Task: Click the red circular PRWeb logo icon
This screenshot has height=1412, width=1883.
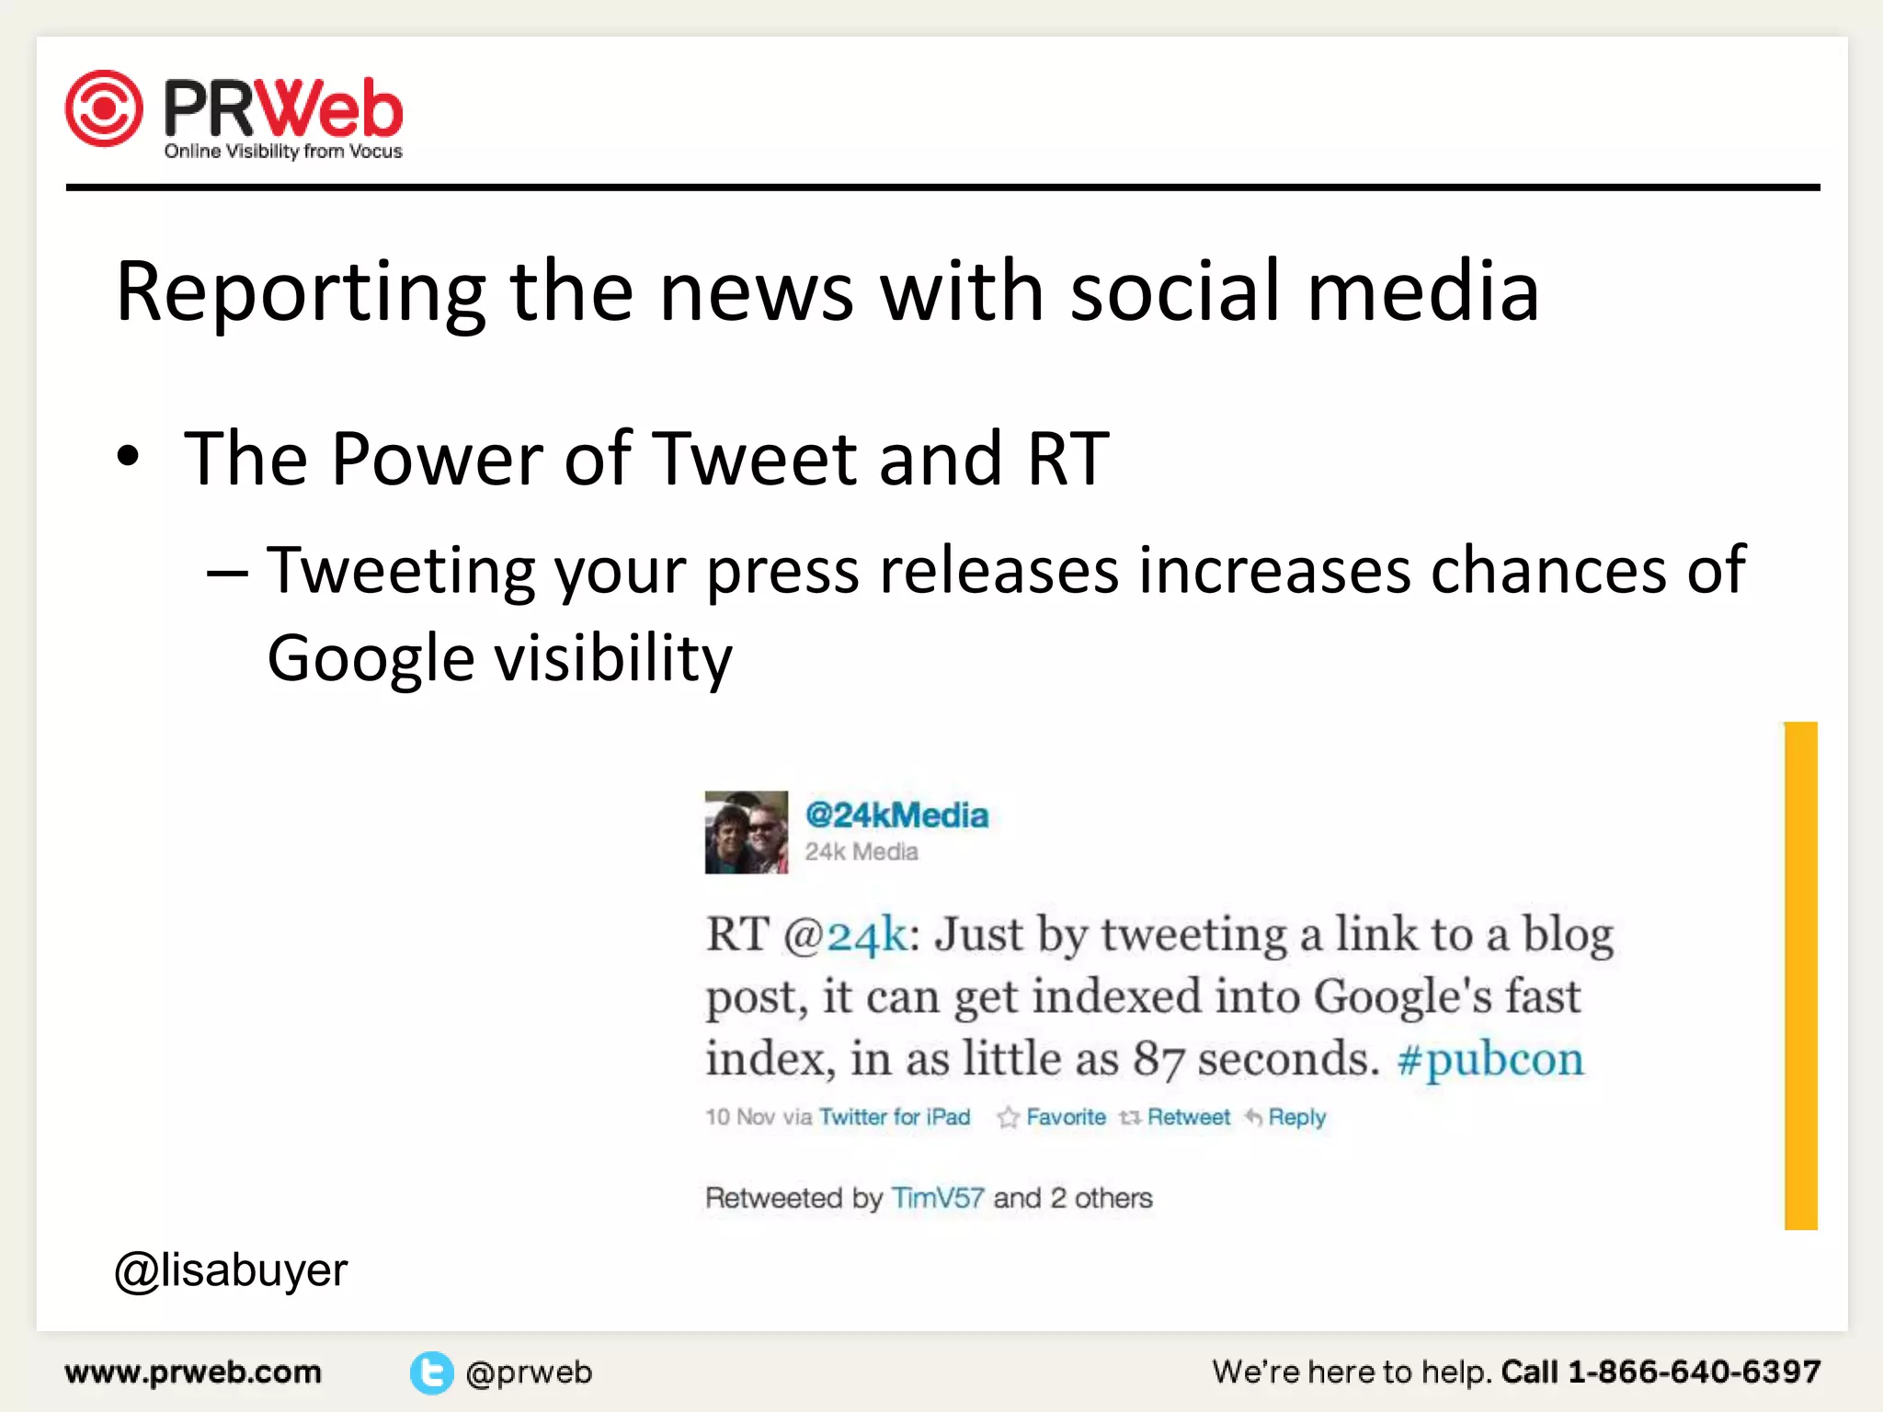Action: tap(104, 108)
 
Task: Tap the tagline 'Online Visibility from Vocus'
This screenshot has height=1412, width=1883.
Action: tap(283, 152)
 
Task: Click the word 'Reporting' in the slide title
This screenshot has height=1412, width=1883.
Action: tap(300, 291)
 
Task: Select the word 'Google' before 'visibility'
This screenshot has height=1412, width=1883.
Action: tap(371, 658)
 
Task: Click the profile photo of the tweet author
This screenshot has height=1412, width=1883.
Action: tap(746, 832)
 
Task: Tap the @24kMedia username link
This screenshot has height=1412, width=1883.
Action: tap(896, 815)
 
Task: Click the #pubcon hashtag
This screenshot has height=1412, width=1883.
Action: tap(1490, 1059)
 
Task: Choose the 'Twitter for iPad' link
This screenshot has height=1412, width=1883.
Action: tap(895, 1117)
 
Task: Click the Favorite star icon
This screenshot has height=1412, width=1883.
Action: tap(1009, 1117)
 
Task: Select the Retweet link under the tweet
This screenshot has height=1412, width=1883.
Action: tap(1188, 1117)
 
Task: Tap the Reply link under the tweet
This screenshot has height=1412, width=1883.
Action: tap(1296, 1117)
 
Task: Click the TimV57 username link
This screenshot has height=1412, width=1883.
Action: tap(938, 1198)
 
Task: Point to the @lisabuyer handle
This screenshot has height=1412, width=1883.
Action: tap(231, 1270)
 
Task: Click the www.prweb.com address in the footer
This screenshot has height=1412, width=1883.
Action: tap(193, 1372)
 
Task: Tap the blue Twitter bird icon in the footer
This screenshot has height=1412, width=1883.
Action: tap(431, 1372)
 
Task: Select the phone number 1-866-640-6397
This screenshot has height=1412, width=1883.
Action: tap(1694, 1372)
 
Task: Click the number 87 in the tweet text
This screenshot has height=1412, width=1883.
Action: tap(1158, 1059)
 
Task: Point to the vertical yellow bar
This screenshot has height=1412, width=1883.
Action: tap(1800, 975)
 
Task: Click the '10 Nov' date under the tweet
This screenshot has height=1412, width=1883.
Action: tap(739, 1117)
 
